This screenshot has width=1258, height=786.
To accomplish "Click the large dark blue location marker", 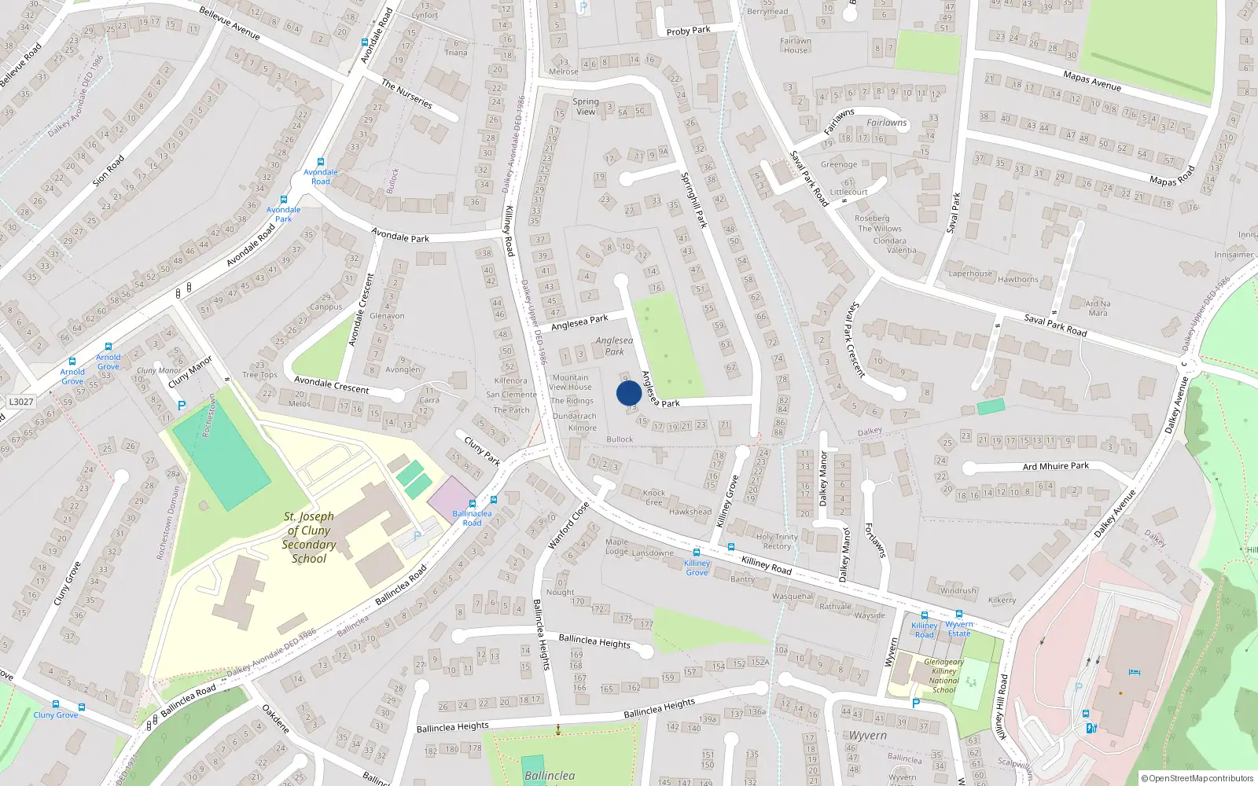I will click(x=629, y=393).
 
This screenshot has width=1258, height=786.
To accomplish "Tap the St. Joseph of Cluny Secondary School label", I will click(x=309, y=538).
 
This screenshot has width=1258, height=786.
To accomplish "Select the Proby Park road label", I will click(x=688, y=31).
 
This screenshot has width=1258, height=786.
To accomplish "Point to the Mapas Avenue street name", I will click(x=1091, y=80).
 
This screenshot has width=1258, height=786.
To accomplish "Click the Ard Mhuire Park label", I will click(x=1055, y=466).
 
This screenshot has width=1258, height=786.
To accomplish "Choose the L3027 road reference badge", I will click(x=21, y=402).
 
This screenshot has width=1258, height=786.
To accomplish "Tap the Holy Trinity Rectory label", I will click(x=777, y=542).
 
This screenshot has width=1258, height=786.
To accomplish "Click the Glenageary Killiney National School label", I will click(x=944, y=676).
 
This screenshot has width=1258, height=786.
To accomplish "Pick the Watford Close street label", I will click(x=568, y=524).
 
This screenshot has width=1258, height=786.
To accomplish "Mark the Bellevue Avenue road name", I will click(x=230, y=24).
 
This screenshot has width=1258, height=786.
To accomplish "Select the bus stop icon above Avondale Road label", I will click(x=321, y=162).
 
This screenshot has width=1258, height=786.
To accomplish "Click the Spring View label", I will click(x=586, y=106).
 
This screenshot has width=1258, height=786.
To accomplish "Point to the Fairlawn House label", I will click(x=795, y=46).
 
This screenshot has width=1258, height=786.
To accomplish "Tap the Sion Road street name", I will click(x=109, y=171).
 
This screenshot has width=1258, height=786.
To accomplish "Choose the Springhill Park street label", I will click(x=694, y=200).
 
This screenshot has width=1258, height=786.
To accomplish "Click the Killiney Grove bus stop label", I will click(x=697, y=567).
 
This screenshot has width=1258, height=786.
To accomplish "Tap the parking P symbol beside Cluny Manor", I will click(x=182, y=406).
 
